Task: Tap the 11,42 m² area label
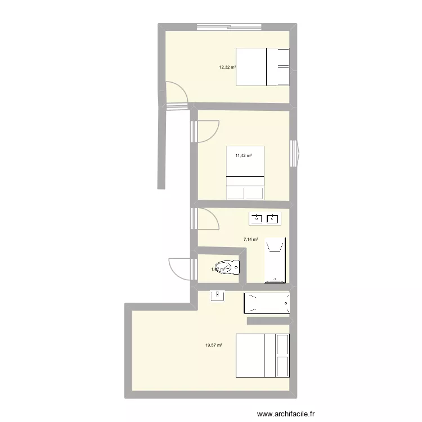click(x=243, y=156)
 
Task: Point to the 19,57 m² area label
click(x=214, y=345)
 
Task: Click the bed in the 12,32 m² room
click(x=263, y=67)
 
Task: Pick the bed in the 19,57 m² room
click(x=263, y=355)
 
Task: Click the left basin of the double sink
click(x=257, y=218)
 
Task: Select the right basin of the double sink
click(x=274, y=218)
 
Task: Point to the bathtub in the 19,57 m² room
click(x=267, y=303)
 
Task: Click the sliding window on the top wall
click(x=228, y=26)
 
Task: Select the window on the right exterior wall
click(x=295, y=152)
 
